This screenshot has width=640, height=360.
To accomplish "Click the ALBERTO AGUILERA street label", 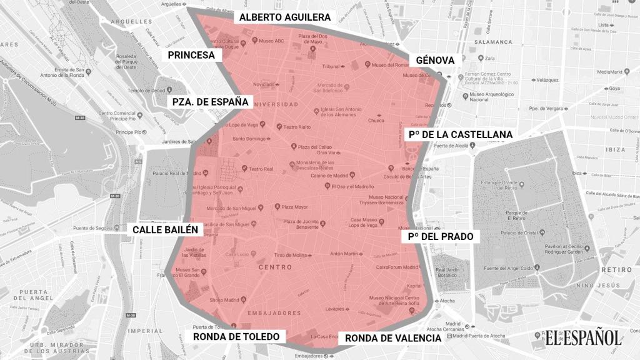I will coord(284,17).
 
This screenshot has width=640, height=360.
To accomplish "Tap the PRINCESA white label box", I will coord(191,55).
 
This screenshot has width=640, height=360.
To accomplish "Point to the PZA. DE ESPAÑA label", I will coord(211,102).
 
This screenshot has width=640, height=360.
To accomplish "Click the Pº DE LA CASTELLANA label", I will coord(460,134).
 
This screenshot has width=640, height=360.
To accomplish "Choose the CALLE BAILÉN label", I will coord(166,229).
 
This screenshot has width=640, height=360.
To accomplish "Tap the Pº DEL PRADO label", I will coord(440,237).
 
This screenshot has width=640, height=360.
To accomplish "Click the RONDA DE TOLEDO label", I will coord(236,336).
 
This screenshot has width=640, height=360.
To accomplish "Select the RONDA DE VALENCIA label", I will coord(393,338).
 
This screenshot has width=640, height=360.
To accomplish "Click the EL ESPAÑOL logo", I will coord(582,338).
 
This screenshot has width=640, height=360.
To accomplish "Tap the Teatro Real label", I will coord(262,169).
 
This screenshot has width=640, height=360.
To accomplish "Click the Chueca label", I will coord(376,121).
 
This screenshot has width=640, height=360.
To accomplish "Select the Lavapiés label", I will coord(335,309).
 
